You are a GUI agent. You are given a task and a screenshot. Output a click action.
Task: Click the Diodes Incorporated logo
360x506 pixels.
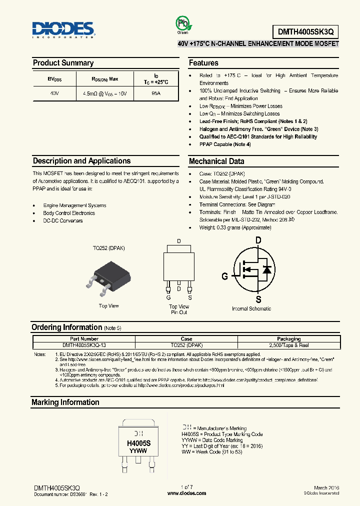tap(63, 29)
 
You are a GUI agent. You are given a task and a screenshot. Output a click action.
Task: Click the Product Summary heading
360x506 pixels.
tap(63, 63)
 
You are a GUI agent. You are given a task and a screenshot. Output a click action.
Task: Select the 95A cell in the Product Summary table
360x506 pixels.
tap(155, 93)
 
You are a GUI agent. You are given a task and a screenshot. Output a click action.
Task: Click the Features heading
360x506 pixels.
tap(203, 63)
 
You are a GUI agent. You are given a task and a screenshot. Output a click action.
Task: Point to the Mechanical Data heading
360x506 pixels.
tap(216, 161)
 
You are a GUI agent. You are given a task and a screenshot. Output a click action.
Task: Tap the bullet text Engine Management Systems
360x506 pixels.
tap(74, 205)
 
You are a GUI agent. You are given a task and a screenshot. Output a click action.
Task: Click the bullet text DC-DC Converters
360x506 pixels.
tap(63, 220)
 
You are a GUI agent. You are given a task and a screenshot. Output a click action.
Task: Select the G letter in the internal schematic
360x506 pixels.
tap(225, 276)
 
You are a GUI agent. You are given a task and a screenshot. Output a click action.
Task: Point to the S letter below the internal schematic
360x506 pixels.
tap(258, 299)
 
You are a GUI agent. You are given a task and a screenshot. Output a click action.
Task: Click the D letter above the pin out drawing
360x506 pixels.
tap(179, 241)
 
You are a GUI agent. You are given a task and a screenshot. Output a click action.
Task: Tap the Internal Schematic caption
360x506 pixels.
tap(251, 309)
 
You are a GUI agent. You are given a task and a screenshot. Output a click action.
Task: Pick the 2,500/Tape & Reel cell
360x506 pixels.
tap(288, 345)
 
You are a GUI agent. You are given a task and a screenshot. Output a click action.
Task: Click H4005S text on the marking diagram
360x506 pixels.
tap(138, 443)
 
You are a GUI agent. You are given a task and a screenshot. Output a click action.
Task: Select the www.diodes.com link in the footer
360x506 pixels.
tap(186, 493)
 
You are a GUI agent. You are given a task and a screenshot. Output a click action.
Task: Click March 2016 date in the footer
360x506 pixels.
tap(327, 487)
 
